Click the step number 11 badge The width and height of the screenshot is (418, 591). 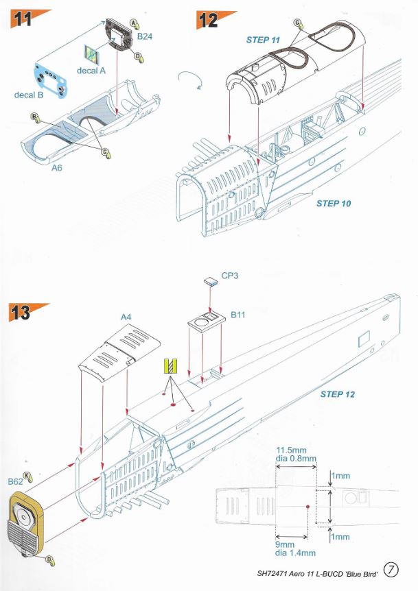tap(23, 19)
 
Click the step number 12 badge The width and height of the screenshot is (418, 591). tap(207, 19)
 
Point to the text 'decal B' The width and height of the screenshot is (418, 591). tap(29, 95)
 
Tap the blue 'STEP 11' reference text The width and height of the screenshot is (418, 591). tap(263, 40)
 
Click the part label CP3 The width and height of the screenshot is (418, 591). tap(231, 279)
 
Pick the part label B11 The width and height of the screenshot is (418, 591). tap(238, 315)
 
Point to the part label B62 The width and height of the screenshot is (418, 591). tap(16, 482)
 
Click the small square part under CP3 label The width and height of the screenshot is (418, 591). tap(210, 281)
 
